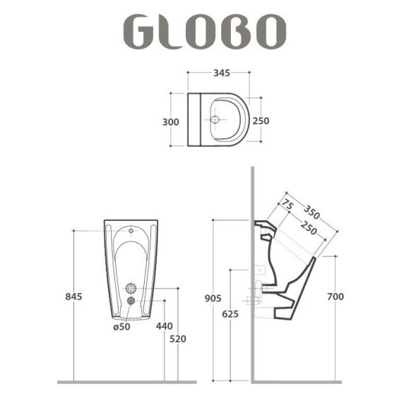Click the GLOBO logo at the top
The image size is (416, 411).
click(x=205, y=32)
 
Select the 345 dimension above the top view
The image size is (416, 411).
click(x=222, y=73)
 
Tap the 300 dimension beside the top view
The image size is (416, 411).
click(x=171, y=122)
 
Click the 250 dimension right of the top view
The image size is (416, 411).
click(x=261, y=121)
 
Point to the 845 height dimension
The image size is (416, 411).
click(x=73, y=297)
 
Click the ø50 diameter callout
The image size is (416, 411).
click(x=121, y=327)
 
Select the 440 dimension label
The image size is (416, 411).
click(x=165, y=326)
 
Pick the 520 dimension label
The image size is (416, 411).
click(x=178, y=339)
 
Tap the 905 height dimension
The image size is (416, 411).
click(x=213, y=299)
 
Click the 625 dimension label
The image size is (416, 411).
click(x=230, y=314)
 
